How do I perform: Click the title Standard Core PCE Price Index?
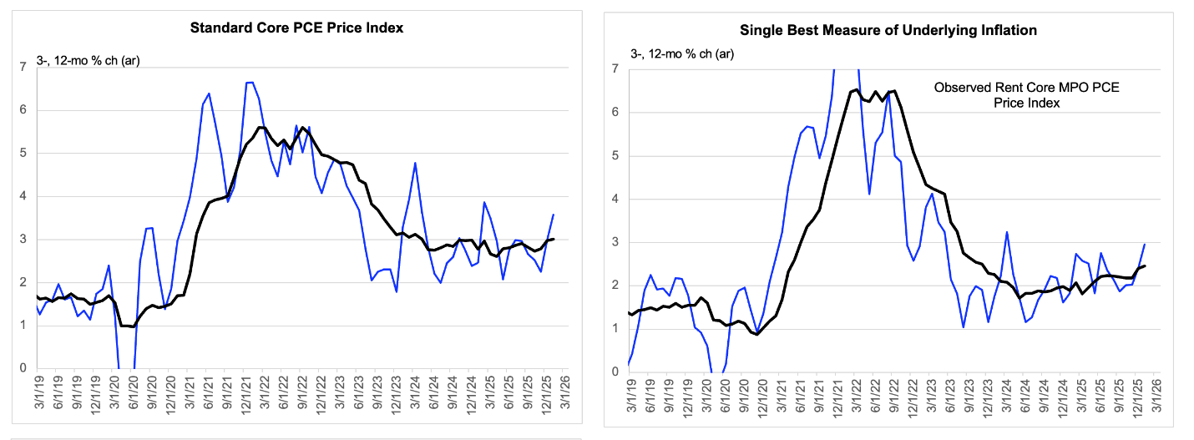coord(296,28)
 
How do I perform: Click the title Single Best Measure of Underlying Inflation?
coord(888,30)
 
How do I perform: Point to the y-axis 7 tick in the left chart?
coord(23,67)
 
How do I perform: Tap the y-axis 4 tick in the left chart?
coord(23,196)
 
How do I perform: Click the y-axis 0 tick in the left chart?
coord(23,368)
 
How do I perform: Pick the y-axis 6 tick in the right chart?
coord(615,112)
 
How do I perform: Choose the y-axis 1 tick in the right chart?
coord(615,328)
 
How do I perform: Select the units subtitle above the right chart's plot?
coord(682,55)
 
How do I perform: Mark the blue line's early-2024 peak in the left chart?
coord(415,163)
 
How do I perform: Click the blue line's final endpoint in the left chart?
coord(553,215)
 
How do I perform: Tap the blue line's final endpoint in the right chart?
coord(1143,244)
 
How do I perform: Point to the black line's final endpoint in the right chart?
coord(1143,266)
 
